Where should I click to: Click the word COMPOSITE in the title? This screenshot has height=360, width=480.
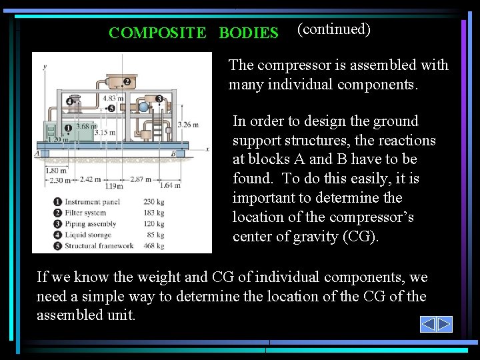pos(158,33)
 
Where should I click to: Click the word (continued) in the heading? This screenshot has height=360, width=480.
pos(333,29)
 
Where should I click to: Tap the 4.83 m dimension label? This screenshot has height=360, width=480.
pos(114,98)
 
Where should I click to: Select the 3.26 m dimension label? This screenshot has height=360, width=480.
pos(189,124)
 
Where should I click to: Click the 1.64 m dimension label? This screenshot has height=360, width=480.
pos(171,185)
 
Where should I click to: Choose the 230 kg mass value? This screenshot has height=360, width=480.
pos(153,202)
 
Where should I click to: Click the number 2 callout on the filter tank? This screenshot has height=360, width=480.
pos(127,82)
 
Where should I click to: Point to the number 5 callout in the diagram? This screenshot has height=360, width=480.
pos(111,107)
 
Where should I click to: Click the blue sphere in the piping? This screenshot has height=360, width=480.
pos(143,107)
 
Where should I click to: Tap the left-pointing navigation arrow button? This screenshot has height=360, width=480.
pos(428,325)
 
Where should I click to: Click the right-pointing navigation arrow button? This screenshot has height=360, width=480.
pos(445,325)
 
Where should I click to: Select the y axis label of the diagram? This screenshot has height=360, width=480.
pos(44,67)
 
